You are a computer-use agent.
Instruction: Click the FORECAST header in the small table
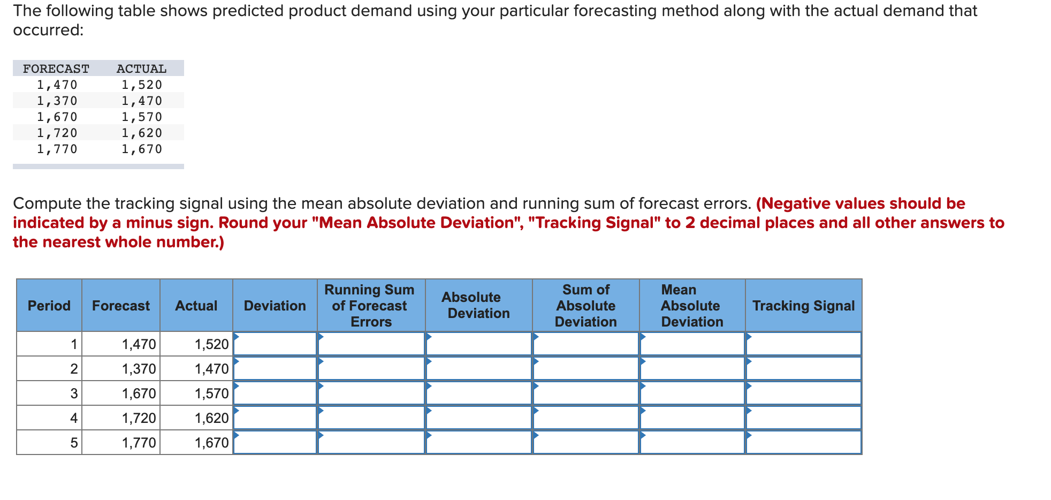(56, 69)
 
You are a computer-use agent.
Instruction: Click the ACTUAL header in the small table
(141, 69)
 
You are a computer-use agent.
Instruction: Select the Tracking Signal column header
(803, 306)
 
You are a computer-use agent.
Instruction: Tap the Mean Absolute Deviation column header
(692, 306)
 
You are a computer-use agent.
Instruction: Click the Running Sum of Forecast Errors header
(370, 306)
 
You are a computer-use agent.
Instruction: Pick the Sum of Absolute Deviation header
(585, 306)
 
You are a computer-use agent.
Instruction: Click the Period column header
(49, 306)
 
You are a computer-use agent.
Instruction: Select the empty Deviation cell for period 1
(275, 344)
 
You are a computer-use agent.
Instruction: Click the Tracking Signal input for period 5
(803, 442)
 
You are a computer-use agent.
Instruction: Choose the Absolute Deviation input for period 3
(478, 393)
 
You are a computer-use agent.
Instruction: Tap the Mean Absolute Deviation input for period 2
(692, 368)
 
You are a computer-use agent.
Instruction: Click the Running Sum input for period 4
(371, 418)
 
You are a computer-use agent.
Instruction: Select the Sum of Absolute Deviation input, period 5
(585, 442)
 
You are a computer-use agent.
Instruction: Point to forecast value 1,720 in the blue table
(139, 418)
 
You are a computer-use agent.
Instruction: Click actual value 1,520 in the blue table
(211, 344)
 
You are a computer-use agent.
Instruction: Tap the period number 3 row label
(74, 393)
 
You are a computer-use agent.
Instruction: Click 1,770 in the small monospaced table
(57, 149)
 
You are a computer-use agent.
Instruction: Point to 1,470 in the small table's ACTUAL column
(141, 101)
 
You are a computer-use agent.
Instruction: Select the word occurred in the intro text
(48, 30)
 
